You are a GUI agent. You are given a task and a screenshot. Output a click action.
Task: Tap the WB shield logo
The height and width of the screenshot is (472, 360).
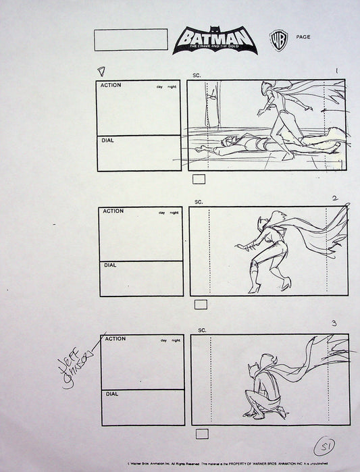(277, 38)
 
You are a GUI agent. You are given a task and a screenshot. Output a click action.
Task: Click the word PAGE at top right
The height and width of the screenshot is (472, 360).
(303, 36)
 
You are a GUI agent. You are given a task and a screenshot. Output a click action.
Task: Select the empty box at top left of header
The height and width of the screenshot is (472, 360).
(131, 40)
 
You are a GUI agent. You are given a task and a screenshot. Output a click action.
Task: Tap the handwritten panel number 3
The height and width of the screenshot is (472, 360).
(334, 323)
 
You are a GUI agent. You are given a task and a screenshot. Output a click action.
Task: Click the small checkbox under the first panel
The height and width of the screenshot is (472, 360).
(199, 180)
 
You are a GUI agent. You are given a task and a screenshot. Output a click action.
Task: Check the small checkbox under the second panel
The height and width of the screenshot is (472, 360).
(201, 305)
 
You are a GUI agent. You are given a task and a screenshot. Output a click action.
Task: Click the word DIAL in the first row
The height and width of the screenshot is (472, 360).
(108, 141)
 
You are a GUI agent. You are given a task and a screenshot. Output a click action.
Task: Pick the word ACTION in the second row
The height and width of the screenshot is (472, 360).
(113, 211)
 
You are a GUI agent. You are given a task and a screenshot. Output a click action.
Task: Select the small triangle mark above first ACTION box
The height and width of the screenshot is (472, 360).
(102, 70)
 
